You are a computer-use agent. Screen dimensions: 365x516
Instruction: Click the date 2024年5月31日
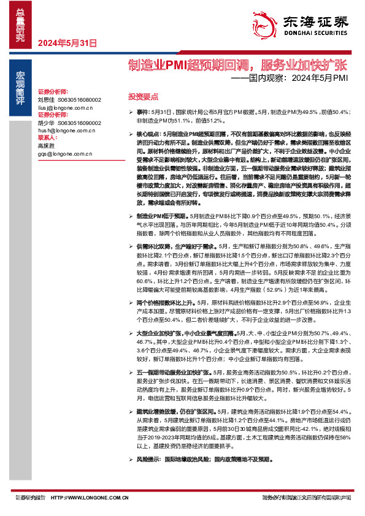pyautogui.click(x=67, y=44)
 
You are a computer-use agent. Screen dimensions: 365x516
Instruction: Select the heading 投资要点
pyautogui.click(x=143, y=96)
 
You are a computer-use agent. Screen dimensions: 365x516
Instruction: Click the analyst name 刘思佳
pyautogui.click(x=46, y=99)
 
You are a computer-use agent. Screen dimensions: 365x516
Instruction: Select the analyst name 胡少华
pyautogui.click(x=46, y=123)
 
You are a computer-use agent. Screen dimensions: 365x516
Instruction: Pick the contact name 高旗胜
pyautogui.click(x=46, y=146)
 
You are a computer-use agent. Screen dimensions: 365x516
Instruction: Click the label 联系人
pyautogui.click(x=47, y=138)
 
